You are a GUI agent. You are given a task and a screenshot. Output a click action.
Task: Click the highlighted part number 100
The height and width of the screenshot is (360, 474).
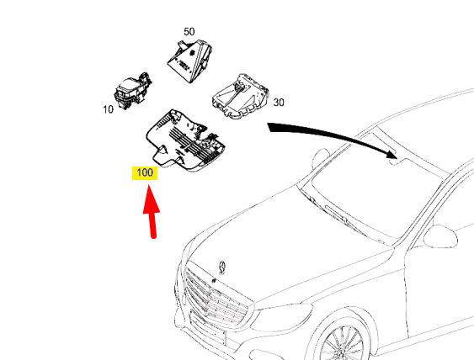click(145, 172)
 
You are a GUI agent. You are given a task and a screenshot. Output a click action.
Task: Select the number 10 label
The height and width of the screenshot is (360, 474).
click(108, 110)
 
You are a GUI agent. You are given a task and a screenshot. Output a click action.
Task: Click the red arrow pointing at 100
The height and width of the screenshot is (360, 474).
click(152, 214)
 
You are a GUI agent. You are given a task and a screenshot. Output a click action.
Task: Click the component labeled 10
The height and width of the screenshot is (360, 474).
click(131, 90)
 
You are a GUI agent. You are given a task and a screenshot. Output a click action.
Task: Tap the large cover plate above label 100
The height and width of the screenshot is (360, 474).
click(186, 138)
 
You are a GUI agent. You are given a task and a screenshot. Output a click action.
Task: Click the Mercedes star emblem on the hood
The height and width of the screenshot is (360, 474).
click(221, 267)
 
